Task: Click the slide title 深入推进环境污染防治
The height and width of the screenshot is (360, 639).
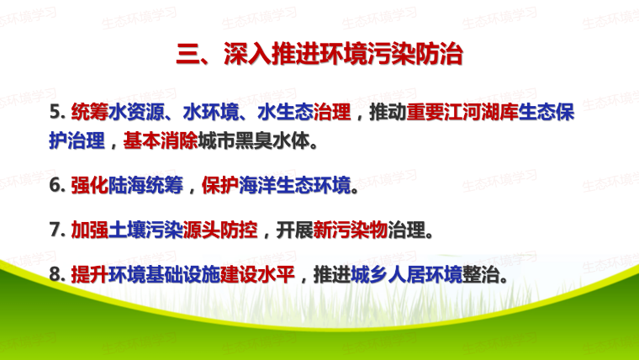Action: pos(343,53)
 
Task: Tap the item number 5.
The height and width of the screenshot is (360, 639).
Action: pos(57,112)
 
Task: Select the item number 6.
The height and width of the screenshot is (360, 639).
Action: pos(57,185)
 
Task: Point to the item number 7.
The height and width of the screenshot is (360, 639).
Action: pos(57,230)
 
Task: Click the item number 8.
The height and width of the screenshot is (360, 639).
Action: pos(57,274)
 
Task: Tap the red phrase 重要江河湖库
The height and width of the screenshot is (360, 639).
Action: pos(462,112)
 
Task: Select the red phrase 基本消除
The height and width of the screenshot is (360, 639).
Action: pos(161,140)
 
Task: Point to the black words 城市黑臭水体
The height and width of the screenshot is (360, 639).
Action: pos(254,140)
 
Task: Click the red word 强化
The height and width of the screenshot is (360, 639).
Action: pos(90,185)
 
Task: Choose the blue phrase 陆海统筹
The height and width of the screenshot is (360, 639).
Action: pos(145,185)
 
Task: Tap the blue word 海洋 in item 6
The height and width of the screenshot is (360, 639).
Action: pos(257,185)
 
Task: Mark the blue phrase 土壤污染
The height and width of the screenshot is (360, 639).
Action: pos(145,230)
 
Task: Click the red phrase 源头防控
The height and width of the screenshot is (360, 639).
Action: pos(220,230)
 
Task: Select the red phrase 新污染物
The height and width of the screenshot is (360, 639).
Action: pos(351,230)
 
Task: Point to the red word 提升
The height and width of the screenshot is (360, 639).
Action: pos(90,274)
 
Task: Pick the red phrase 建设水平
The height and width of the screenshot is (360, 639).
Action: pos(257,274)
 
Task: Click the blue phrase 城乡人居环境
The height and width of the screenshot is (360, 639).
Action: pos(407,274)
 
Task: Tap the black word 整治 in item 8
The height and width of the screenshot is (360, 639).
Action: pos(481,274)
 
